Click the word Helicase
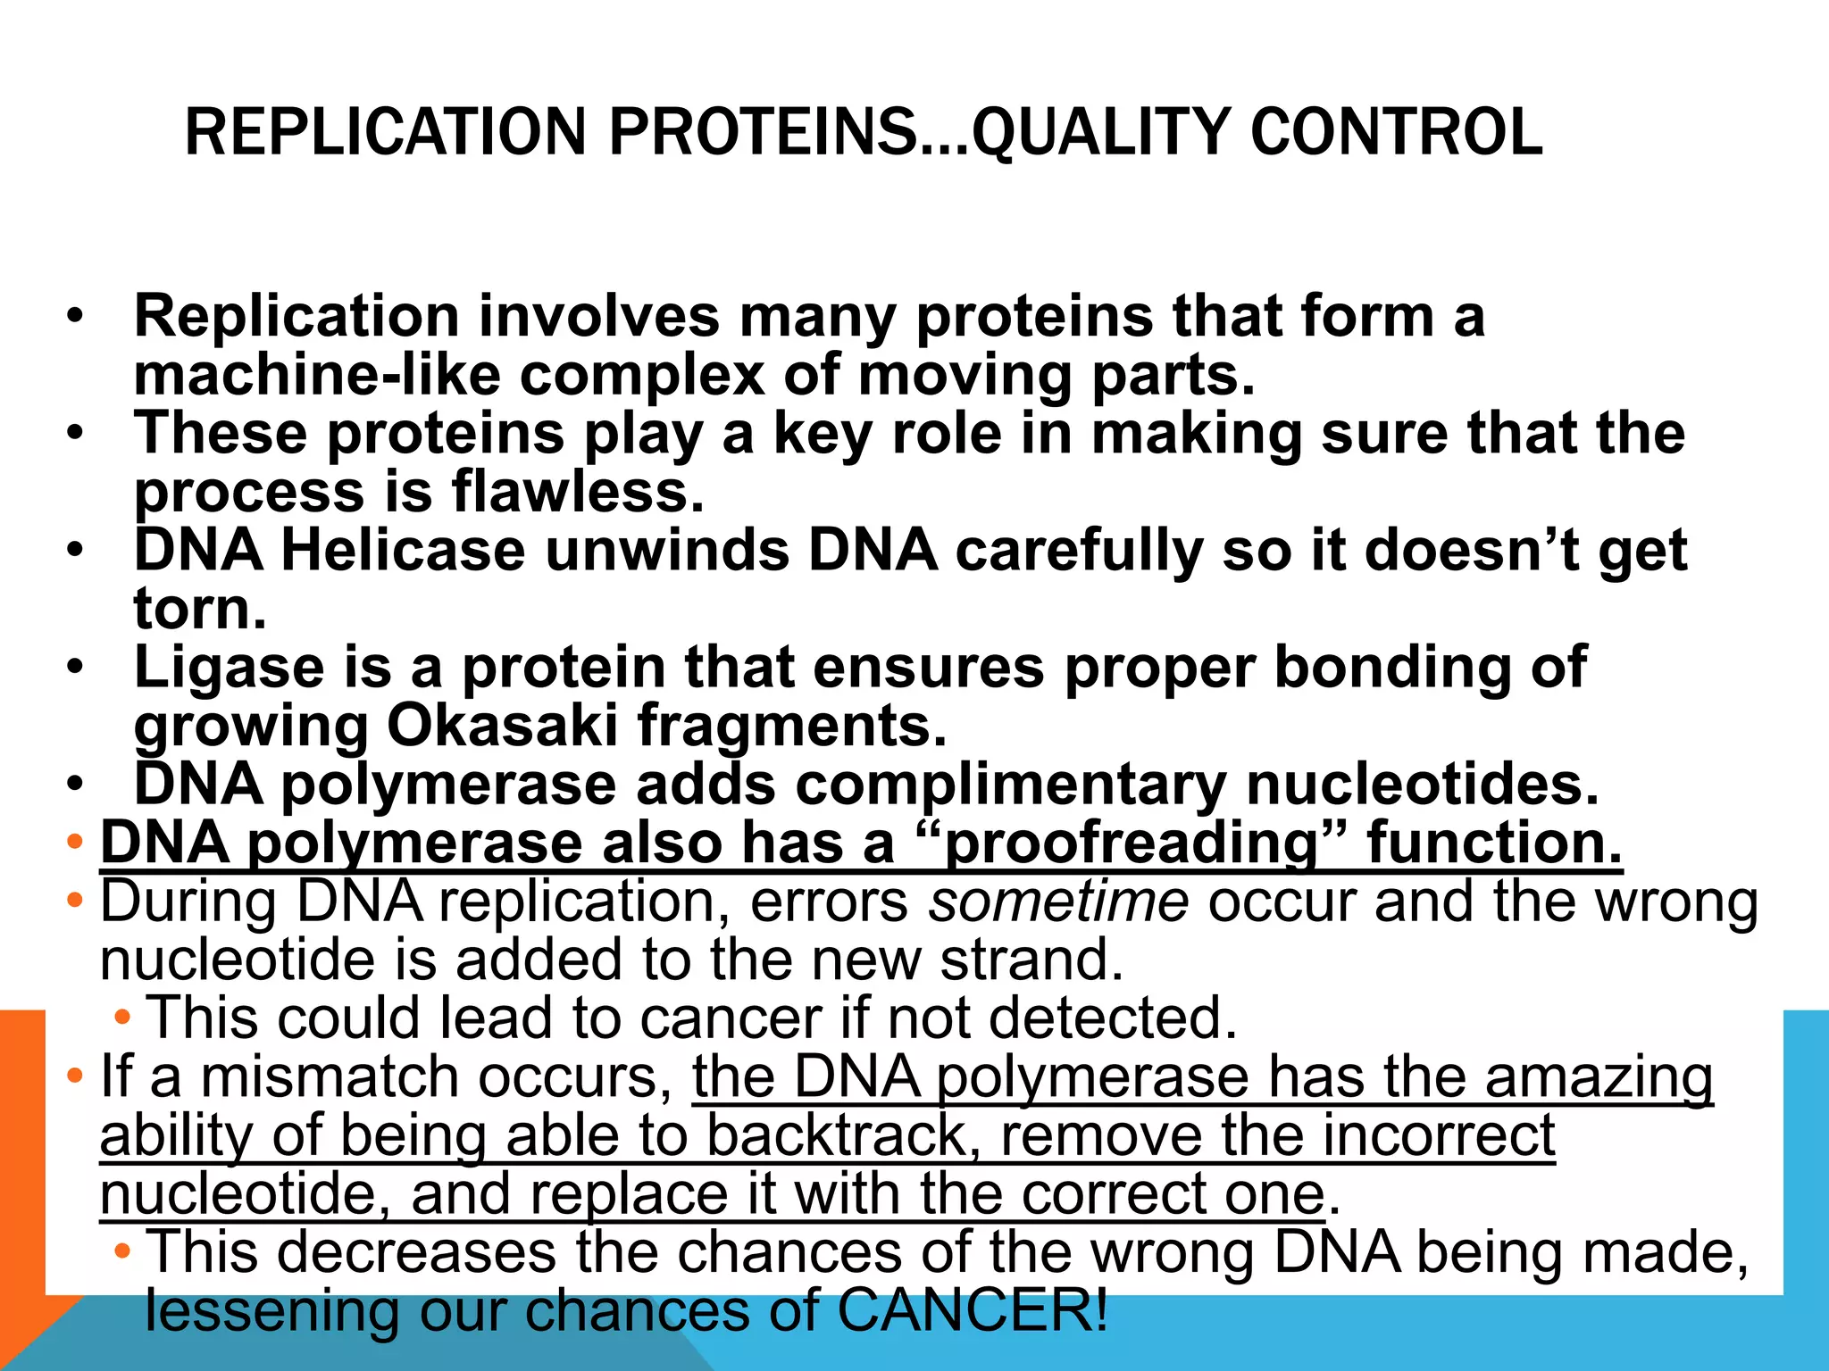[x=403, y=550]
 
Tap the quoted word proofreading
[x=1131, y=843]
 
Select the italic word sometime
[x=1059, y=902]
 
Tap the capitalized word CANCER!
[x=973, y=1310]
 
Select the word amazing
[x=1599, y=1076]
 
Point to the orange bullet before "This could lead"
[x=122, y=1017]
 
